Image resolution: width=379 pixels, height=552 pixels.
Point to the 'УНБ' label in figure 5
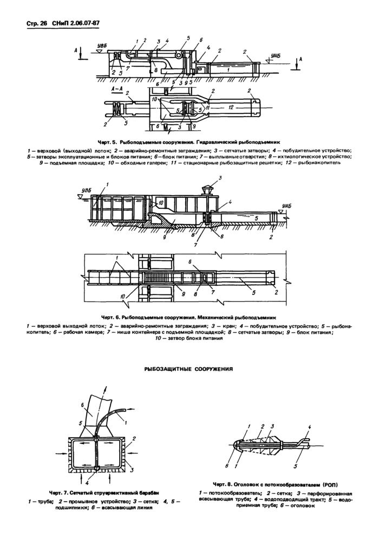(x=276, y=56)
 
